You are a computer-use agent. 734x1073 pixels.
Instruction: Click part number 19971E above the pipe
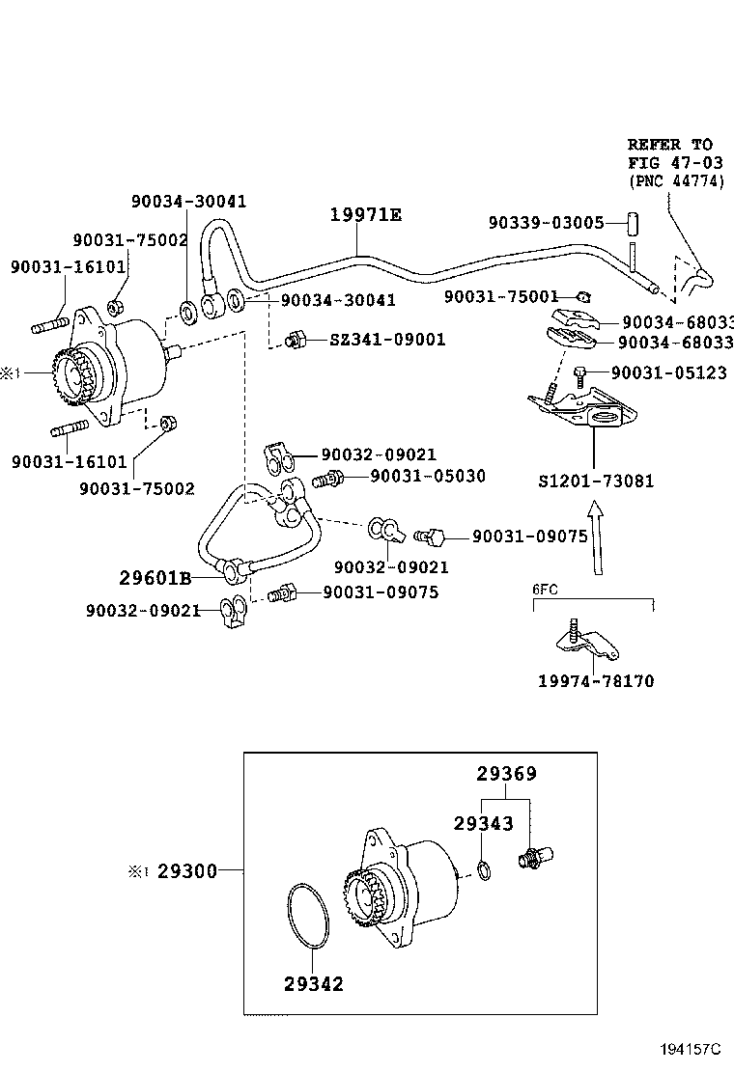click(365, 215)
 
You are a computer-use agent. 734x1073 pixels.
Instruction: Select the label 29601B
click(155, 578)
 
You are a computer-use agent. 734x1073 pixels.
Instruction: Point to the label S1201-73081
click(596, 480)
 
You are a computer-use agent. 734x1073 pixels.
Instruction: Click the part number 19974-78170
click(596, 680)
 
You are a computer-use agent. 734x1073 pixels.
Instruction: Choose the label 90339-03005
click(546, 222)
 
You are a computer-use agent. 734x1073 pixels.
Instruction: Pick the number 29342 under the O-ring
click(314, 984)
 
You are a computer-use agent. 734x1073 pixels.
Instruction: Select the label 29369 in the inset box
click(506, 774)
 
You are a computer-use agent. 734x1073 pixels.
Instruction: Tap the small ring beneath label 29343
click(485, 872)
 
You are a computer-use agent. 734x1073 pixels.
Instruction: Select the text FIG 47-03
click(675, 162)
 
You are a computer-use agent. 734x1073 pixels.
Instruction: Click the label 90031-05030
click(428, 476)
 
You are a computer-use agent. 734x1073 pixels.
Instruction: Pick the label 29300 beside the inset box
click(187, 870)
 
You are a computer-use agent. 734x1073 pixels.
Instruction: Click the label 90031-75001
click(501, 296)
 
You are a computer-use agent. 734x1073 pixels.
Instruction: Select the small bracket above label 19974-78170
click(586, 641)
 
